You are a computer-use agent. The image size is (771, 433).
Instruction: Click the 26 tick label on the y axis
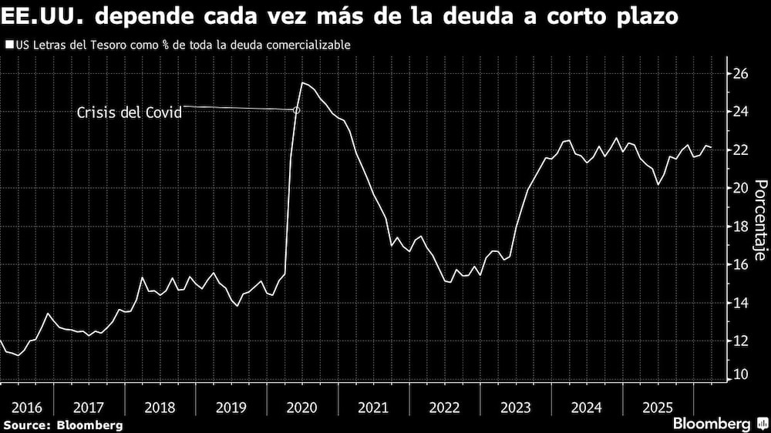tap(740, 74)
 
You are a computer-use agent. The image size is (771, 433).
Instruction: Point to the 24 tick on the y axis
tap(740, 112)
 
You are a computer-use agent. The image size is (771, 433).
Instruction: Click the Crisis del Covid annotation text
tap(129, 112)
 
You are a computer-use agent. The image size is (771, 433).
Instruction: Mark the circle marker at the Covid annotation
tap(297, 110)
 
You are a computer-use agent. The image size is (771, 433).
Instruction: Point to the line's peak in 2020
tap(302, 82)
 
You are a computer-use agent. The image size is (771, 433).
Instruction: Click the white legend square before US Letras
tap(8, 45)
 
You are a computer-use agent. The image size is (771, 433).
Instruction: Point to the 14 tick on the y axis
tap(740, 303)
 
